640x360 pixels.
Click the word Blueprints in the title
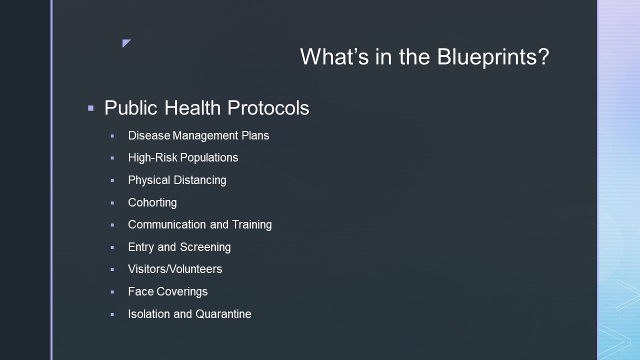(x=493, y=56)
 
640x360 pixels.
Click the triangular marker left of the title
(x=126, y=43)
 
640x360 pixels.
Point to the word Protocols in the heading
(x=268, y=107)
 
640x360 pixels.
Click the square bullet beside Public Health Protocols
(x=91, y=108)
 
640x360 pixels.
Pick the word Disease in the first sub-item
(x=149, y=135)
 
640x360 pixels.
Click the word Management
(x=205, y=135)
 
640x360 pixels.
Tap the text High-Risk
(x=152, y=157)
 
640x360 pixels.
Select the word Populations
(x=209, y=157)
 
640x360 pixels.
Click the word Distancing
(x=200, y=180)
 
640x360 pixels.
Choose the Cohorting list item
(x=152, y=202)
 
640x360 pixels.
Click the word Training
(x=251, y=224)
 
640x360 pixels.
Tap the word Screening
(x=205, y=247)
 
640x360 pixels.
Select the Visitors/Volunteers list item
(x=175, y=269)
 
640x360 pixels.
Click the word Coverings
(x=182, y=291)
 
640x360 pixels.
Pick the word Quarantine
(x=223, y=314)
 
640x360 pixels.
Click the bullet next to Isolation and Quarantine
(x=112, y=314)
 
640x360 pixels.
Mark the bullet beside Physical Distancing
(x=112, y=180)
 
